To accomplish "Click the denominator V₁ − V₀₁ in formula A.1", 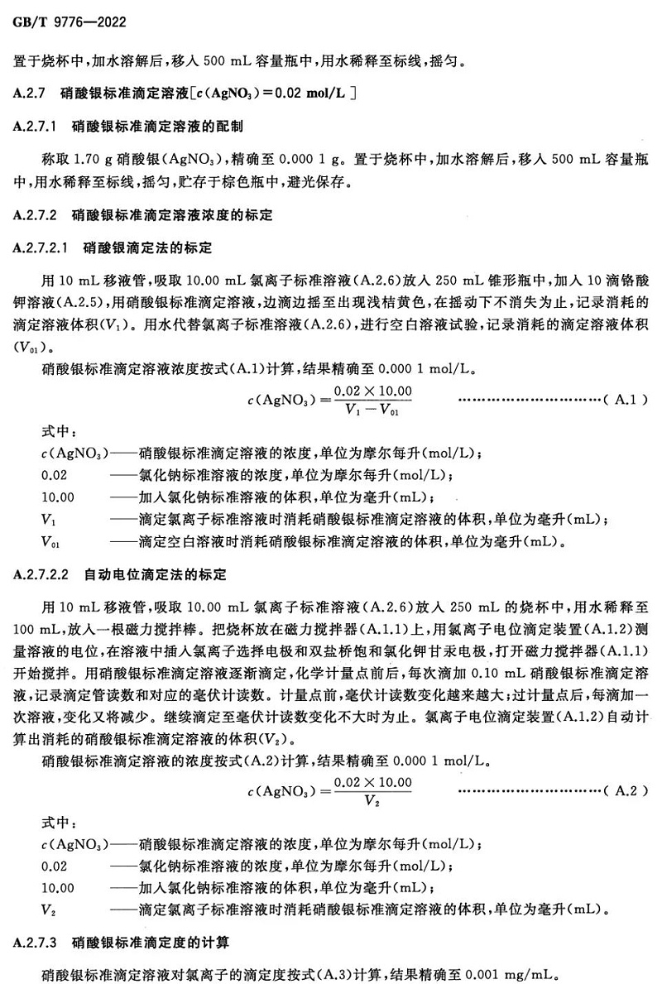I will [372, 409].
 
